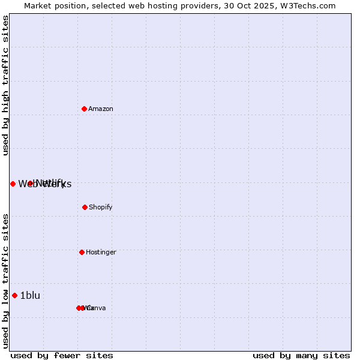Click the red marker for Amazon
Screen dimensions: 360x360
coord(84,109)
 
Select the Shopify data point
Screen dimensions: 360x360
coord(85,207)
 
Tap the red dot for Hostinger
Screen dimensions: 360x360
coord(82,252)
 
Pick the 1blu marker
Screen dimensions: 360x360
coord(14,295)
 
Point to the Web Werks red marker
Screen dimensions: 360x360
coord(13,184)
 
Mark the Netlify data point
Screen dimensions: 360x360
coord(30,183)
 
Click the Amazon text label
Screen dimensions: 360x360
coord(101,109)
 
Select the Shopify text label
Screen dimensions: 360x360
coord(101,207)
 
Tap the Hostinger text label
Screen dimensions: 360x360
coord(101,252)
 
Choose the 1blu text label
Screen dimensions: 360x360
coord(30,295)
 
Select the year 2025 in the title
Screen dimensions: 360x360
coord(265,5)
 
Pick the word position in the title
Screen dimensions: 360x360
coord(74,5)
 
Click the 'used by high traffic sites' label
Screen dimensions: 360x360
coord(6,85)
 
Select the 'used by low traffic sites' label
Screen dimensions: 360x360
coord(6,281)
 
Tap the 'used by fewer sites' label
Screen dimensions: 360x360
coord(62,355)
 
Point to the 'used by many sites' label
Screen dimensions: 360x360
coord(301,355)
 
